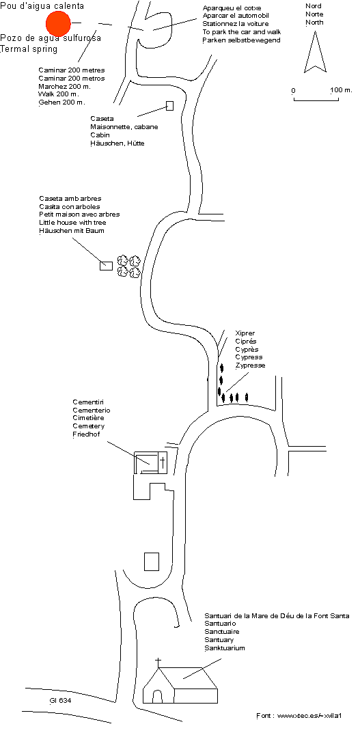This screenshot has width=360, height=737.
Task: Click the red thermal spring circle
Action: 58,23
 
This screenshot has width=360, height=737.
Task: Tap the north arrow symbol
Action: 315,53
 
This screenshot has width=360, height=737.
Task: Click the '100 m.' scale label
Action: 341,90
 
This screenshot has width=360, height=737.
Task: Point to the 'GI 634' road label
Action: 61,701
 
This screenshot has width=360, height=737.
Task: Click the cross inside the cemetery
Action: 163,463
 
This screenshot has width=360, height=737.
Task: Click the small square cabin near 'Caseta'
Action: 169,106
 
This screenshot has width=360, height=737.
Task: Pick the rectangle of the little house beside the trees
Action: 106,266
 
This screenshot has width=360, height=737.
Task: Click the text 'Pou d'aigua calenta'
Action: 42,6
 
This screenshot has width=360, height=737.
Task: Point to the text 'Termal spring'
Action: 29,49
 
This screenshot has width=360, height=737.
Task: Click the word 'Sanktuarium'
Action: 225,648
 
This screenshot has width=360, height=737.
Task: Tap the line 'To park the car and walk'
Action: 242,32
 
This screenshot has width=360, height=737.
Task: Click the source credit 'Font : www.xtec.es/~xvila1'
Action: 299,715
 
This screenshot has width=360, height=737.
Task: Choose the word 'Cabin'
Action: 100,135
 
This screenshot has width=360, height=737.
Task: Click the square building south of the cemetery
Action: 152,561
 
